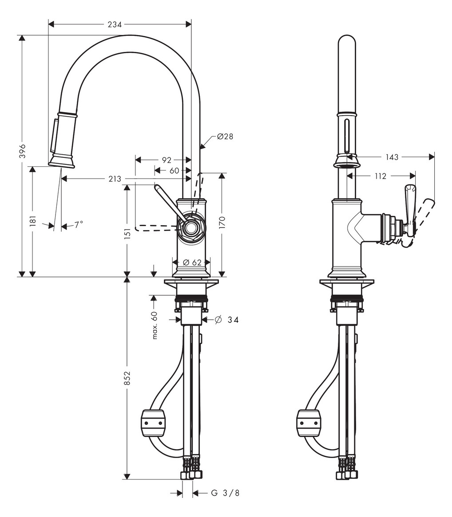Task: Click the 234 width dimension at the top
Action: tap(115, 24)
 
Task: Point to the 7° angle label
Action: tap(79, 225)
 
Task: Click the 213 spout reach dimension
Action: tap(115, 179)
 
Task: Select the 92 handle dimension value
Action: tap(166, 160)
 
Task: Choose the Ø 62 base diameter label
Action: tap(192, 262)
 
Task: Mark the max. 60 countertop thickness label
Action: tap(155, 325)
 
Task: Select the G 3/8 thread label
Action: tap(225, 493)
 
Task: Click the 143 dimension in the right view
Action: tap(392, 157)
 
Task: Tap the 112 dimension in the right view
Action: tap(380, 176)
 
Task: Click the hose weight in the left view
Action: tap(152, 423)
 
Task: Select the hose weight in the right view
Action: tap(309, 423)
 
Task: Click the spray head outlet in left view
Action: tap(62, 164)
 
